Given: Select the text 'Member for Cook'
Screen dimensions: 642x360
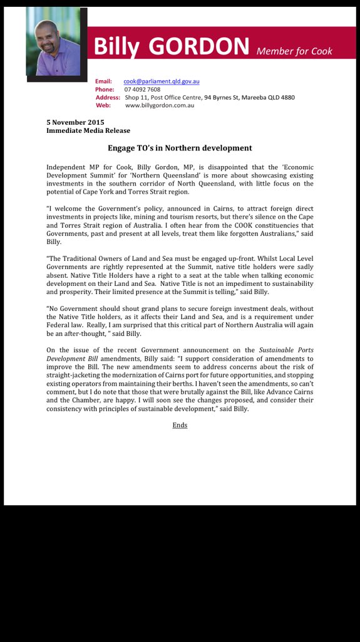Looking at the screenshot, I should (x=294, y=51).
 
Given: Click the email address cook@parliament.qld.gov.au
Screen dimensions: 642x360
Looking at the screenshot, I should (x=162, y=81).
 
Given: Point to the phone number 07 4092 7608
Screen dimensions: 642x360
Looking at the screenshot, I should (x=142, y=89).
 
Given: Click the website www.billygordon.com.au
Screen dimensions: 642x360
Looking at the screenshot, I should (x=160, y=105).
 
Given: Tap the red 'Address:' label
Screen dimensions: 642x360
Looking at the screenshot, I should (x=108, y=97).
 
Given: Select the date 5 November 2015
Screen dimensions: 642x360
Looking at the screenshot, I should (x=75, y=122).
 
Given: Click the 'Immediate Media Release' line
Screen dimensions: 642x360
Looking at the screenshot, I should (x=88, y=130).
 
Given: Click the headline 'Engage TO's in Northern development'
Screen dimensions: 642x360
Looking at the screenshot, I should (x=180, y=148).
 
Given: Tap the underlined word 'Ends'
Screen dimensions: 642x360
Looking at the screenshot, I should (x=180, y=425).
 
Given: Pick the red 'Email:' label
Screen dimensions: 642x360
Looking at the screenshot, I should (x=103, y=81).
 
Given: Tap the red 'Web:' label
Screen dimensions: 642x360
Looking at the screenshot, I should (x=103, y=105).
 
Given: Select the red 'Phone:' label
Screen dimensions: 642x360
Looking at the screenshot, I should (x=105, y=89).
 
